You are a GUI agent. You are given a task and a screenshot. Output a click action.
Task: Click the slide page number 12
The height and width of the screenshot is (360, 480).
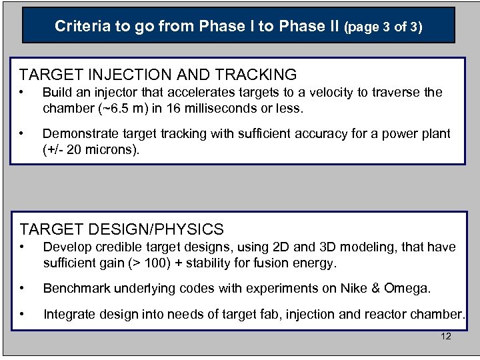point(446,336)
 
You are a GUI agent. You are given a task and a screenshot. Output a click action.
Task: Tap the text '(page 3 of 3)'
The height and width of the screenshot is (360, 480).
point(383,27)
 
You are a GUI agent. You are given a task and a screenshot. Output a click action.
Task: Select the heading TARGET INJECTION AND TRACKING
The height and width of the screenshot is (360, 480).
point(158,75)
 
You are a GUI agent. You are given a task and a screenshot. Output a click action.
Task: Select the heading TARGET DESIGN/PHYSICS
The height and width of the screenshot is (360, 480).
point(121,229)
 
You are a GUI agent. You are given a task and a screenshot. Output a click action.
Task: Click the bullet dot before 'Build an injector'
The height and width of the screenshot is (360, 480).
point(22,92)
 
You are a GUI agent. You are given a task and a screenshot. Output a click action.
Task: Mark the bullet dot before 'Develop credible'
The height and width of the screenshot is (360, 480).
point(22,247)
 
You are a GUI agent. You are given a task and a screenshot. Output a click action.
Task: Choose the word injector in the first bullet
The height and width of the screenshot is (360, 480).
point(118,92)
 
